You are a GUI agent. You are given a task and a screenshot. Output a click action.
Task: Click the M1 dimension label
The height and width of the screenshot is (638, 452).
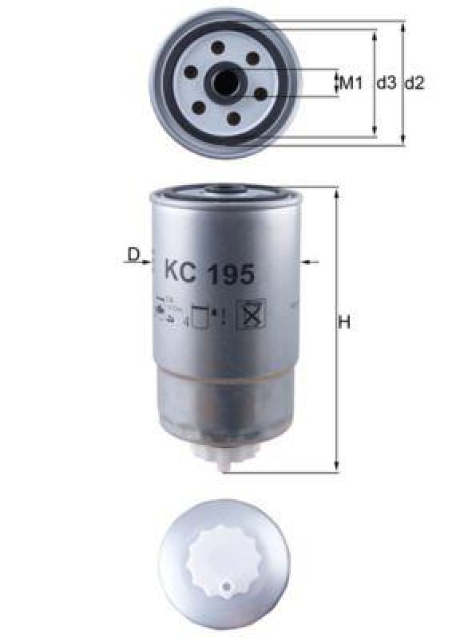[352, 83]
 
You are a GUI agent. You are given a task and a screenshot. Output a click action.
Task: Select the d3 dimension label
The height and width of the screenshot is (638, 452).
[387, 83]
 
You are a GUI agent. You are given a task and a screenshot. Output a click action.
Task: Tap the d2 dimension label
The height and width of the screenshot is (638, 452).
[414, 83]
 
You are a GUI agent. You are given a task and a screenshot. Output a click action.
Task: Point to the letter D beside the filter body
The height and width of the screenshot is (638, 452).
[133, 254]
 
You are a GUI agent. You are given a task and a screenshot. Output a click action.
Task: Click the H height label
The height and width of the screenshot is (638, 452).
[345, 323]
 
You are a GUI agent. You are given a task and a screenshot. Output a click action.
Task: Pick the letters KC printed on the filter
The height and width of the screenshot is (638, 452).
[180, 274]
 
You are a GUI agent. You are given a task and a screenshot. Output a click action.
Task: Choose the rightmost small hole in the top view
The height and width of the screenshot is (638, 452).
[260, 93]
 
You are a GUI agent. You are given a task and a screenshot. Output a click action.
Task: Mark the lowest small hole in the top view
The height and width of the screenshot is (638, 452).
[233, 119]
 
